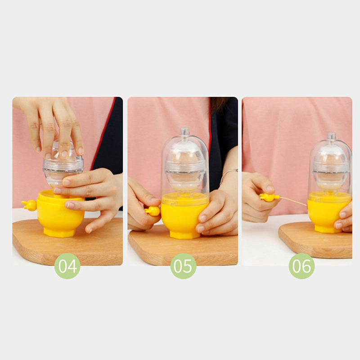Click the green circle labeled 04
point(67,266)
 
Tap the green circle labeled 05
point(183,266)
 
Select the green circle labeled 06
point(301,266)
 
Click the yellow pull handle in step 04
point(29,205)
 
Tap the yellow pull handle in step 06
point(269,198)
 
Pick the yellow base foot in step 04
point(59,233)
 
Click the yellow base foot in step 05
point(185,234)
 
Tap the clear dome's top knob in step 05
point(185,132)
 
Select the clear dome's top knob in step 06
point(332,137)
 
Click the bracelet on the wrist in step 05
point(228,173)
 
